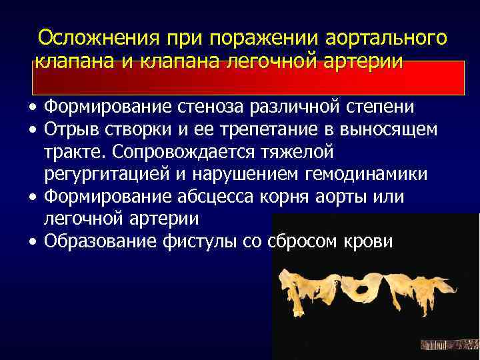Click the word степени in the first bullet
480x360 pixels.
click(381, 107)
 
